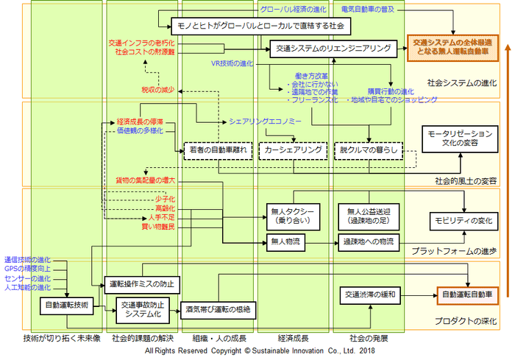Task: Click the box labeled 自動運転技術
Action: [x=68, y=304]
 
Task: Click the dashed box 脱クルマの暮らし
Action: [x=369, y=149]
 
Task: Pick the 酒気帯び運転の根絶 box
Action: [x=219, y=310]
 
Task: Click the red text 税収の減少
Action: [x=158, y=89]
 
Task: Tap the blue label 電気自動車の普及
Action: [x=368, y=8]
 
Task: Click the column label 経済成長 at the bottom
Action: [x=292, y=339]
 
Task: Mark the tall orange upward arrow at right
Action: [x=507, y=177]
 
